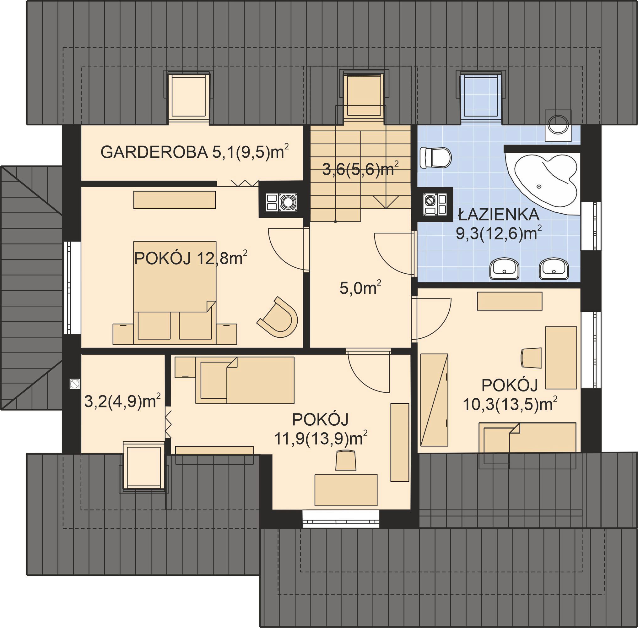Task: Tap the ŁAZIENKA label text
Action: tap(499, 215)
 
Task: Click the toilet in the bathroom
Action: tap(435, 157)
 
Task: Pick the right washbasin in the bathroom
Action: tap(554, 269)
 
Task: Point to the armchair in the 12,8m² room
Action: tap(278, 318)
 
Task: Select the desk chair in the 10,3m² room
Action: tap(531, 358)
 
